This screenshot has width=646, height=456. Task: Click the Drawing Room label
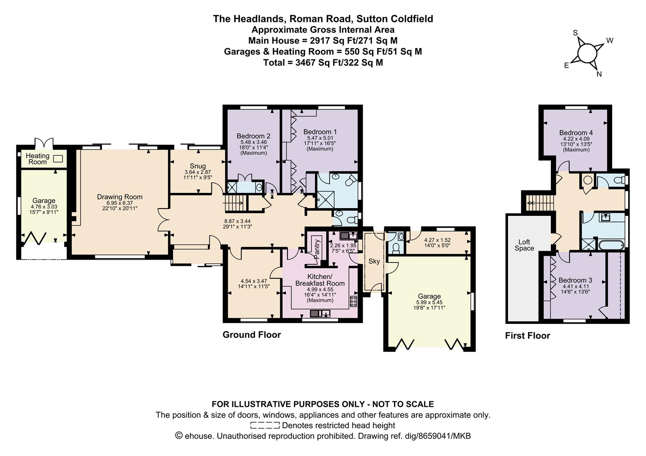point(120,197)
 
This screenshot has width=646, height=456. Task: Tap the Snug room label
point(198,166)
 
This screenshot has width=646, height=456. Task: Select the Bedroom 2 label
point(254,136)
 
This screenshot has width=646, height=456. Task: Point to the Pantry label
point(317,249)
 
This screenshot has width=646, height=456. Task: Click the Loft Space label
point(524,245)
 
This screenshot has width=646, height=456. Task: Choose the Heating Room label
point(38,159)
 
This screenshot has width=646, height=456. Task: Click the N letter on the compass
point(599,74)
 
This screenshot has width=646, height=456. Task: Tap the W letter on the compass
point(609,41)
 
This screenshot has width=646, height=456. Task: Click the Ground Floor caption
point(252,335)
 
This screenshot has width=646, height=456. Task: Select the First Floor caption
point(528,336)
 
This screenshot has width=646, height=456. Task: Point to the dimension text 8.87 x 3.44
point(237,221)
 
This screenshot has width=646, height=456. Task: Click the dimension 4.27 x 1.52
point(437,240)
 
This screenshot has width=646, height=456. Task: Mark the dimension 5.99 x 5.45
point(429,302)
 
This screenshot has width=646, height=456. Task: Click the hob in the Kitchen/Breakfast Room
point(353,301)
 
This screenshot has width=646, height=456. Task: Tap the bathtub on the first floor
point(611,245)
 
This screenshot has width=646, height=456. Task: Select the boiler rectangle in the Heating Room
point(58,159)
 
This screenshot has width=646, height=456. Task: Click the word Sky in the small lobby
point(374,261)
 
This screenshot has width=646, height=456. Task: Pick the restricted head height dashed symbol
point(265,426)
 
